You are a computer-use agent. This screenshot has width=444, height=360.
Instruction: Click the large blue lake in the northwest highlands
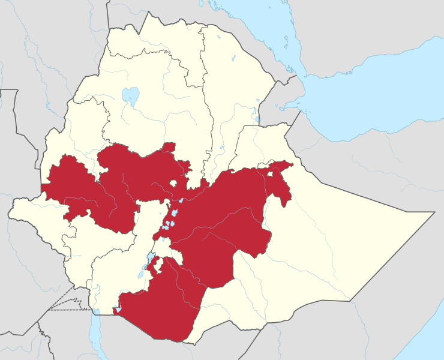pos(130,95)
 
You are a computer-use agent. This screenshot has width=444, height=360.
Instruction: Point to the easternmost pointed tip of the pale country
pos(433,212)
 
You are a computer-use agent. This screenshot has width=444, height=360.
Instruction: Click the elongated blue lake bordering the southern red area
pos(149,262)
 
